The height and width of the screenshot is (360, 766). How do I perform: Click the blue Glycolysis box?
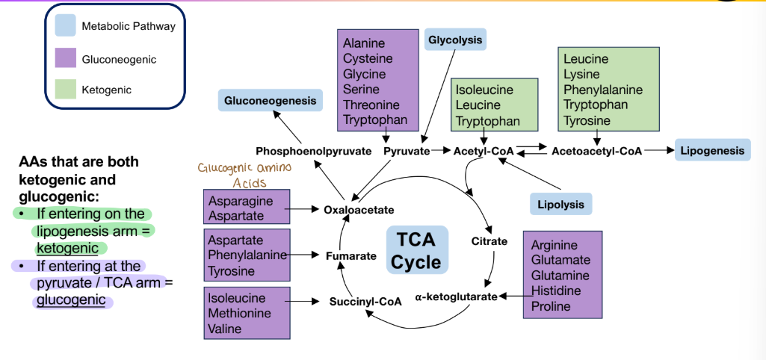(x=455, y=40)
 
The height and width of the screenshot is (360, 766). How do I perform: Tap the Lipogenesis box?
(x=711, y=151)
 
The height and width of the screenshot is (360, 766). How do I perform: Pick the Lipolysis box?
(x=560, y=204)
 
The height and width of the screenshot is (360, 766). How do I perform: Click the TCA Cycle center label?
(x=416, y=251)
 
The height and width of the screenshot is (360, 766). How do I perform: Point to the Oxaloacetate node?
(x=358, y=210)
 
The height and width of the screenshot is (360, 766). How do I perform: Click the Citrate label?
(x=489, y=241)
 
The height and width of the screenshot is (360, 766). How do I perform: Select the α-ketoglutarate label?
(x=457, y=297)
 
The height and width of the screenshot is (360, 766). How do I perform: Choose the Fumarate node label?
(x=350, y=256)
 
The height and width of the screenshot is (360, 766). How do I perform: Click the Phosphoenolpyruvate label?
(x=313, y=151)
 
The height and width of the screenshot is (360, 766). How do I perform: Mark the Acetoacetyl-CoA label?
(x=596, y=151)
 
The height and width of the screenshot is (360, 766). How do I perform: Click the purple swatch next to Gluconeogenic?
(x=65, y=59)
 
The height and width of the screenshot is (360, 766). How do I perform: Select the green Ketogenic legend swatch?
(x=65, y=90)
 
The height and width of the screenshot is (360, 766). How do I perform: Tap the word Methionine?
(x=239, y=313)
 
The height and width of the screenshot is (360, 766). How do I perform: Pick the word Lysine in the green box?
(x=581, y=74)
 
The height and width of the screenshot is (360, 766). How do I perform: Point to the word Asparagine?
(x=241, y=201)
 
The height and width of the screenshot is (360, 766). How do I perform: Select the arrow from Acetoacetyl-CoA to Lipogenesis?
(x=658, y=151)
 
